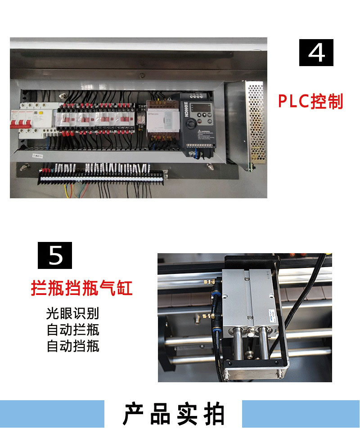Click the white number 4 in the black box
point(316,53)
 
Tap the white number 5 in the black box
point(55,255)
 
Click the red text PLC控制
point(310,101)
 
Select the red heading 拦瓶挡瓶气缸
point(82,288)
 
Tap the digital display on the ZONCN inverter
point(198,108)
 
